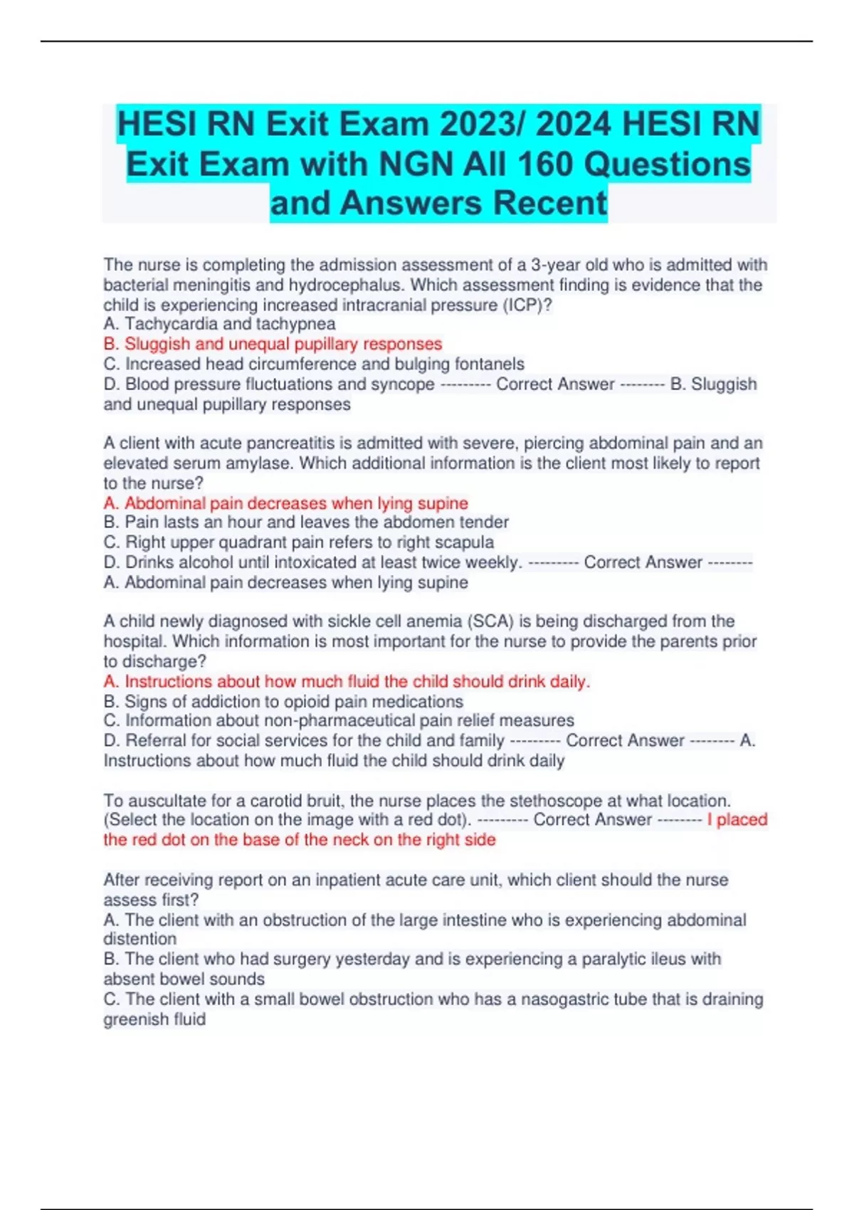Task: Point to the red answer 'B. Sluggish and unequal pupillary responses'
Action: [x=273, y=344]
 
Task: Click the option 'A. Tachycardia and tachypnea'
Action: [x=219, y=324]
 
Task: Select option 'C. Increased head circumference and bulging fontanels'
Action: [x=314, y=364]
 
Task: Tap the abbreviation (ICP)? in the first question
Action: [x=527, y=305]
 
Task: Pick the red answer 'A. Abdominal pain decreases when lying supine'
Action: [x=285, y=503]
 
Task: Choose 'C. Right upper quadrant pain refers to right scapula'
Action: [x=299, y=542]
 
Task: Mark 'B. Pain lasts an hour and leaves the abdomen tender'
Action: [x=306, y=522]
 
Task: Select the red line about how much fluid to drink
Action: [x=347, y=681]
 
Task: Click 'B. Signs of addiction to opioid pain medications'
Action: [x=283, y=701]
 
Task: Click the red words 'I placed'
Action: [x=737, y=820]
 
